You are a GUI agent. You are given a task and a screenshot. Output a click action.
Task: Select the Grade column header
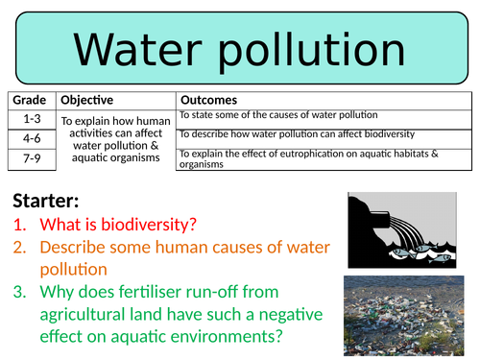pos(31,101)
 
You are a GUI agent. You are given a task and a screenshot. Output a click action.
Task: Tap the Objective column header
pos(86,101)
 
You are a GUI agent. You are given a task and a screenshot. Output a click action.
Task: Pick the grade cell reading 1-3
pos(31,117)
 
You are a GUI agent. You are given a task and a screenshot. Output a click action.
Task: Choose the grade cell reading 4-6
pos(31,137)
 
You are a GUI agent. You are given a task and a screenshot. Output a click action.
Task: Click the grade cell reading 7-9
pos(31,157)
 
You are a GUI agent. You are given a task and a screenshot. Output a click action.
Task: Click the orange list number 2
pos(20,249)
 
